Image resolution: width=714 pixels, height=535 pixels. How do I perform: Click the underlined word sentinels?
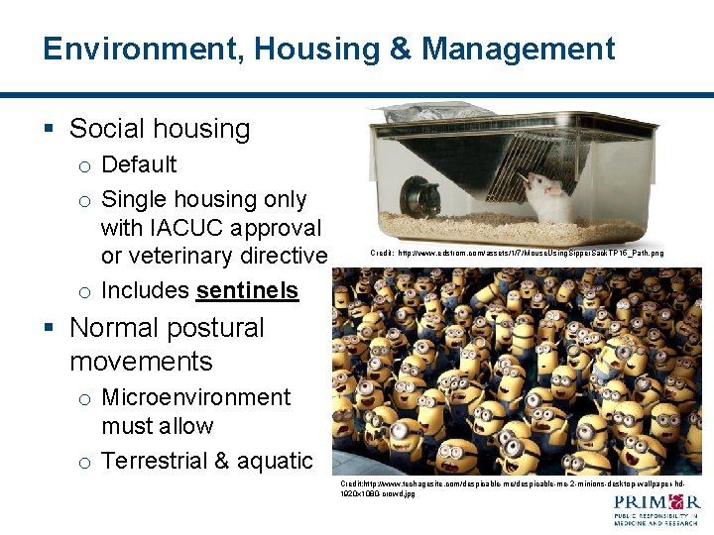pos(247,290)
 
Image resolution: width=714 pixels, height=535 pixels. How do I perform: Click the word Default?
pos(139,164)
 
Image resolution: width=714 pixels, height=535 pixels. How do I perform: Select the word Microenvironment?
pos(195,397)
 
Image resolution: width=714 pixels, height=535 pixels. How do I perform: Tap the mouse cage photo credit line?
pos(517,254)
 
